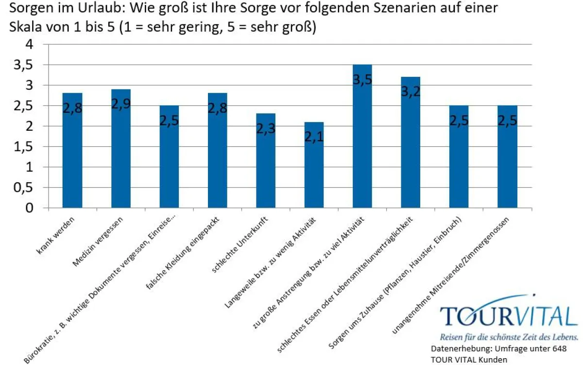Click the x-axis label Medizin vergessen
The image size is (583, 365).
click(100, 241)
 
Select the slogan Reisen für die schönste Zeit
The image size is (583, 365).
click(508, 337)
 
